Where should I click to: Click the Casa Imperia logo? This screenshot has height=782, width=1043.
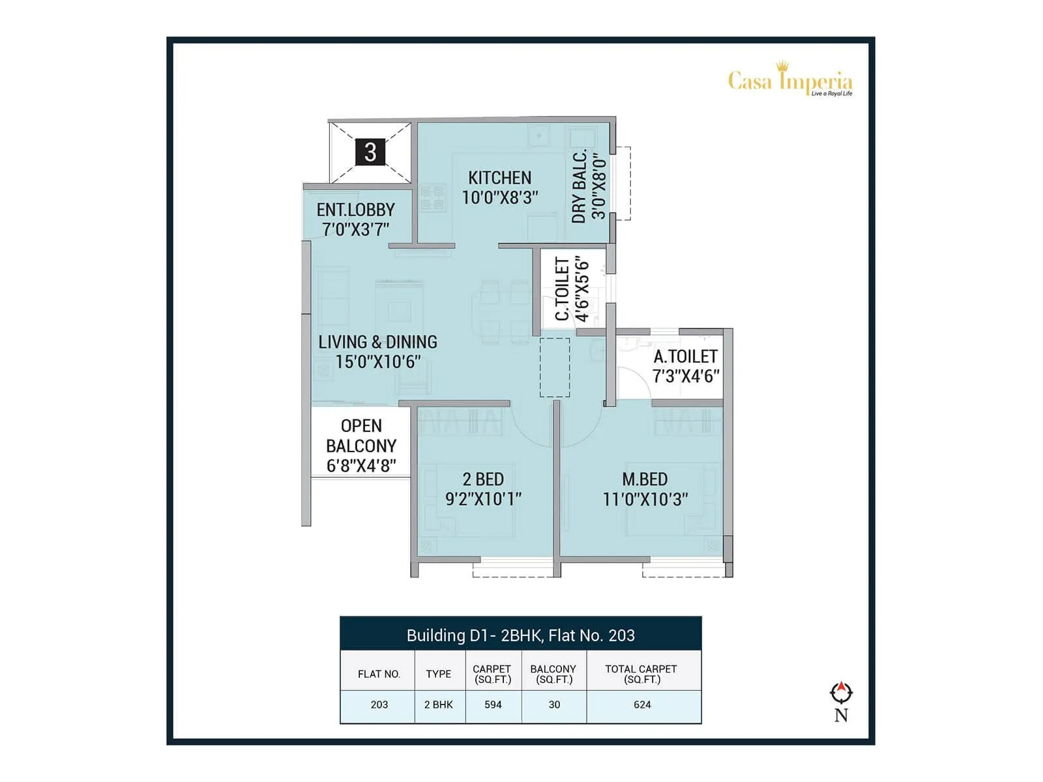pos(789,80)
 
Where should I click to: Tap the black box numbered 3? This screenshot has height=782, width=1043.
pos(370,152)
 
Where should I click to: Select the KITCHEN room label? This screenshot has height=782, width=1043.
pos(499,178)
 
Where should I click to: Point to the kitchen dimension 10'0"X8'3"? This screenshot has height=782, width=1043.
pos(500,197)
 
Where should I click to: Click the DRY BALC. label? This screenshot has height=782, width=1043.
pos(580,187)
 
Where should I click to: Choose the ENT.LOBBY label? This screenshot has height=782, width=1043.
pos(356,210)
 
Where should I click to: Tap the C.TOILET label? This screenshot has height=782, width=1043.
pos(562,289)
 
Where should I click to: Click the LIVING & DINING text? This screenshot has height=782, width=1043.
pos(377,342)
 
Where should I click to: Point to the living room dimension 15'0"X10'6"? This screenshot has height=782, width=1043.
pos(378,362)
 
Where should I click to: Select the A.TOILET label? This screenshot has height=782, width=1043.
pos(686,356)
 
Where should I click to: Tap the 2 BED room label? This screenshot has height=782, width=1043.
pos(483,480)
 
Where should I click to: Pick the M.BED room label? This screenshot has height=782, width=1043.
pos(645,480)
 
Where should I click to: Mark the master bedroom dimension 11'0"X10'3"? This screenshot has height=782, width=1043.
pos(645,499)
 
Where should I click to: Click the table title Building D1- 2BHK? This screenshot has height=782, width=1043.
pos(520,635)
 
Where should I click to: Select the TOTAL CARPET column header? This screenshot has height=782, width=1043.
pos(641,674)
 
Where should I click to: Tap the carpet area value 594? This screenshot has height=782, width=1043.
pos(493,704)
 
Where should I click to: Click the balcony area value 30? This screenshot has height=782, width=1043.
pos(554,704)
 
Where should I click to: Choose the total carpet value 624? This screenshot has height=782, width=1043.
pos(642,704)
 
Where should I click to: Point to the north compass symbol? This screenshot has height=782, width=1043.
pos(841,693)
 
